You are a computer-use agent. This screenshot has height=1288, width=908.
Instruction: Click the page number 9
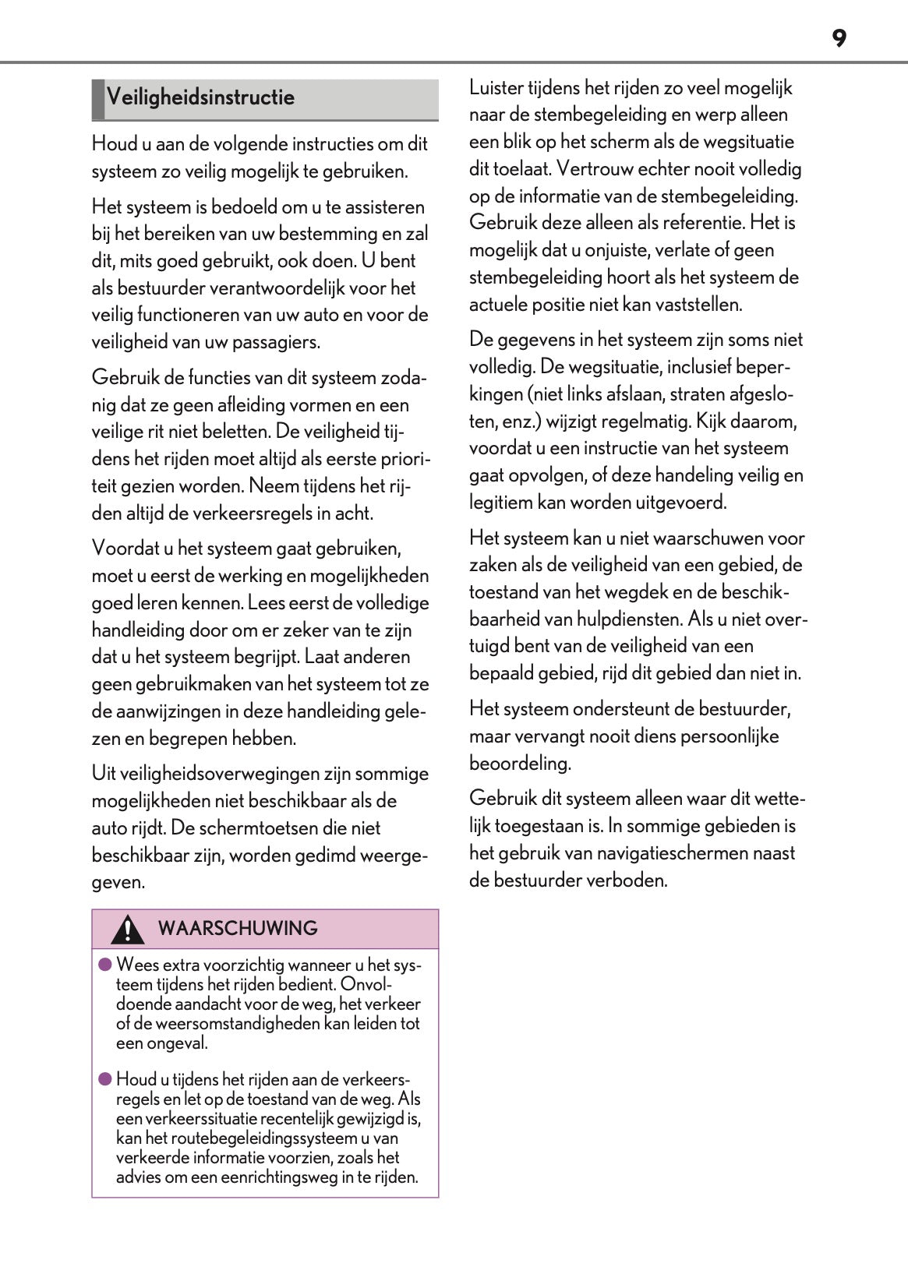pyautogui.click(x=839, y=38)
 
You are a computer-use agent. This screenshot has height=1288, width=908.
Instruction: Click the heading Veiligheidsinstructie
pyautogui.click(x=200, y=97)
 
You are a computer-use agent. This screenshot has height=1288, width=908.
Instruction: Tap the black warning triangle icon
pyautogui.click(x=126, y=929)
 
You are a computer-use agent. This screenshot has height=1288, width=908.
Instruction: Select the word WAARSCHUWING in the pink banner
pyautogui.click(x=238, y=928)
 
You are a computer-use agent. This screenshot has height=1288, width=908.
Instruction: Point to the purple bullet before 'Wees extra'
pyautogui.click(x=105, y=965)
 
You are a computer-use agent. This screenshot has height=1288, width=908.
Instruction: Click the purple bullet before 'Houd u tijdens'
pyautogui.click(x=105, y=1079)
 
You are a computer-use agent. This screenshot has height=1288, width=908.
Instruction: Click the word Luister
pyautogui.click(x=496, y=87)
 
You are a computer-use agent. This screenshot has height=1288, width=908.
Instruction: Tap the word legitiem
pyautogui.click(x=500, y=502)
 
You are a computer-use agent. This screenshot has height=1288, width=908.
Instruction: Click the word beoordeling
pyautogui.click(x=519, y=763)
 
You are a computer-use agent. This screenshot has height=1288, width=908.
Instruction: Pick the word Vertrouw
pyautogui.click(x=592, y=168)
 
